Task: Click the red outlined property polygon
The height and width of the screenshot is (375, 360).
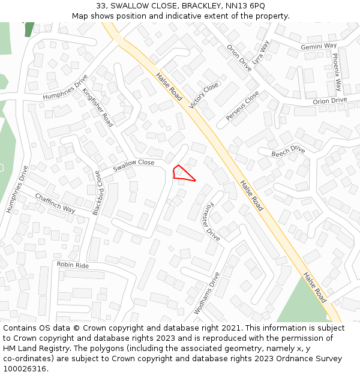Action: (x=181, y=173)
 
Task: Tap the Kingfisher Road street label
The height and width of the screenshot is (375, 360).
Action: (x=98, y=107)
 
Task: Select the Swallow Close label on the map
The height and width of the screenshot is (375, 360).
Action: (x=134, y=163)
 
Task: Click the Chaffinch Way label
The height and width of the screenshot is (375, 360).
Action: (x=55, y=203)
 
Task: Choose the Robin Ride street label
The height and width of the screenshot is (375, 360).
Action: (x=73, y=265)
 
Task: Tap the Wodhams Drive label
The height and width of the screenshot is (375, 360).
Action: (x=207, y=293)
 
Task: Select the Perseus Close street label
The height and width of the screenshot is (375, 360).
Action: (x=242, y=106)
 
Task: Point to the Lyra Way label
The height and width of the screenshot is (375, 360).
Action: (x=262, y=53)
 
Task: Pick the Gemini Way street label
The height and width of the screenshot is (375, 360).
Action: (x=319, y=46)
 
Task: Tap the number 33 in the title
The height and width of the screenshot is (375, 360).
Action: (x=101, y=5)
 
